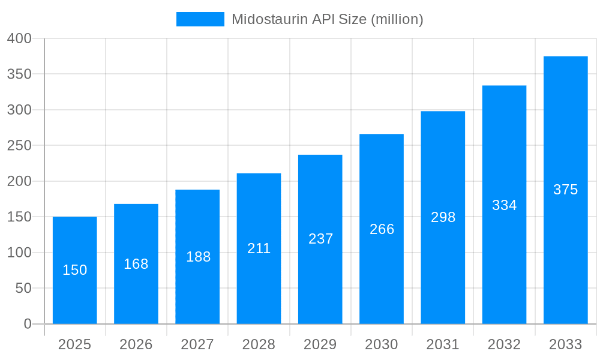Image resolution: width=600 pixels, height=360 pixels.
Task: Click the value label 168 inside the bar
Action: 136,264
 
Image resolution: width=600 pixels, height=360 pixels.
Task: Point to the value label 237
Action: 320,239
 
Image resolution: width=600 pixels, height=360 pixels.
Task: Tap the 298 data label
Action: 443,217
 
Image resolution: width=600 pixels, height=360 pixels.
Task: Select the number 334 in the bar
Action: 505,205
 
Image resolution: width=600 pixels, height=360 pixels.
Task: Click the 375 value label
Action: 565,190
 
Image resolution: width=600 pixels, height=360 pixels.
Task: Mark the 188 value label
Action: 198,257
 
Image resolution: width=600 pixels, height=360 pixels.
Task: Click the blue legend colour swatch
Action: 200,19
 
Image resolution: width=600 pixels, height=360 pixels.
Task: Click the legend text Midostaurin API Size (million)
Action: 328,19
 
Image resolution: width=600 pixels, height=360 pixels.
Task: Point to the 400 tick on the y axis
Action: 19,38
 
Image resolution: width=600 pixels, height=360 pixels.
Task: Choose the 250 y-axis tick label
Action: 19,145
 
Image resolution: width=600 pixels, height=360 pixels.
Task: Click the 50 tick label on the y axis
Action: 23,288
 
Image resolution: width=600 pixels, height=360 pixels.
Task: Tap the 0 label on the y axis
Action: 28,324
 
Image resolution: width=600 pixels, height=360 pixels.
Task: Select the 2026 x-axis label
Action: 136,344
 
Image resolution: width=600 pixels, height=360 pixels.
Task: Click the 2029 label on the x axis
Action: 320,344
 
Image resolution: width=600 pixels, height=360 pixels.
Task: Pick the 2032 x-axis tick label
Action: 505,344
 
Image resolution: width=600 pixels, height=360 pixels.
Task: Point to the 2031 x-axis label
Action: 443,344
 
